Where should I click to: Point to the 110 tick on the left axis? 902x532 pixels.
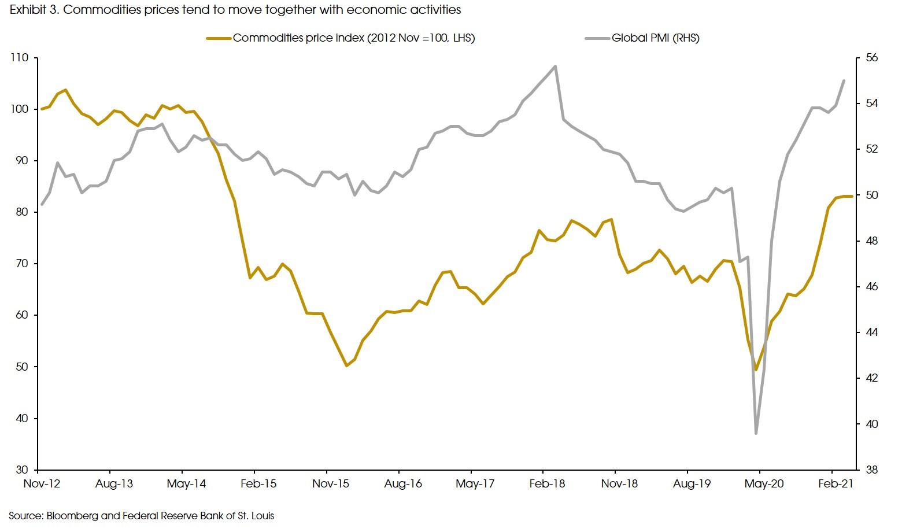[19, 58]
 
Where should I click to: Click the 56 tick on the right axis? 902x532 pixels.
[871, 58]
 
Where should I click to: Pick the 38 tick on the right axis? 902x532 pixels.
[871, 470]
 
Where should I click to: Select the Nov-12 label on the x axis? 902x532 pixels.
[42, 483]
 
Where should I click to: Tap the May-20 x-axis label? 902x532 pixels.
[764, 483]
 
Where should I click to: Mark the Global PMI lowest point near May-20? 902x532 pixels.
[756, 433]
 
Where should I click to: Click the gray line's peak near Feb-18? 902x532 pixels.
[555, 66]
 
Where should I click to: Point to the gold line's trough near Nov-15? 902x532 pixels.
[346, 365]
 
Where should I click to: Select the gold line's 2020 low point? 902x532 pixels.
[756, 370]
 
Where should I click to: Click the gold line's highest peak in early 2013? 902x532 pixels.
[65, 90]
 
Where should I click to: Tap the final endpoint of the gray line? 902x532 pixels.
[844, 80]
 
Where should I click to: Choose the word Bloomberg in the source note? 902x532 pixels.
[69, 515]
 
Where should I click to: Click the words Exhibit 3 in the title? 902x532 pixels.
[32, 10]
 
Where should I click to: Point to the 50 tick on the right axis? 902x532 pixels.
[871, 195]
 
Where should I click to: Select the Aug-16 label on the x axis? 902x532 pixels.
[403, 483]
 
